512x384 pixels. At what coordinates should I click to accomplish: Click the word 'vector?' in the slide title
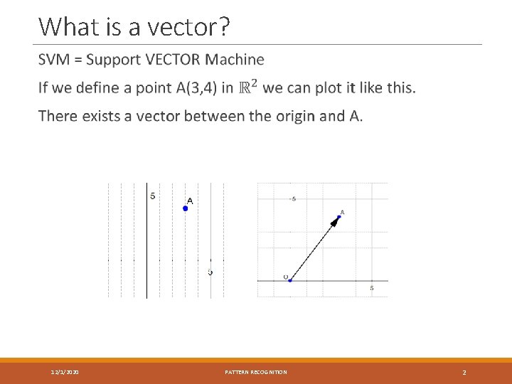point(194,26)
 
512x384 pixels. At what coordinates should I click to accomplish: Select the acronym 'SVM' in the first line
point(54,60)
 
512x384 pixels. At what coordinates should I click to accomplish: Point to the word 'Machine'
point(238,60)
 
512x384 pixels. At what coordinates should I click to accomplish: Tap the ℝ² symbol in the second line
point(248,87)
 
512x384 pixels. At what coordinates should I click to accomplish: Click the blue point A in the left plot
point(186,208)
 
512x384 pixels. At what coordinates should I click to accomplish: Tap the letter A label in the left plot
point(190,200)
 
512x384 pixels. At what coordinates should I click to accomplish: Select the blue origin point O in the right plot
point(290,280)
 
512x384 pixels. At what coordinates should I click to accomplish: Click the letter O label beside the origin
point(285,277)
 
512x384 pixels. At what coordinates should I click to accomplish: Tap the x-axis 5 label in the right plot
point(371,288)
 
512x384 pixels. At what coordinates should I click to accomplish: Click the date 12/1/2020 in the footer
point(65,372)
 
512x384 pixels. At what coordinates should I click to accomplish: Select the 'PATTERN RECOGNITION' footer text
point(256,372)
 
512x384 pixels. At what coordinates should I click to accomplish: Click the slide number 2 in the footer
point(464,372)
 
